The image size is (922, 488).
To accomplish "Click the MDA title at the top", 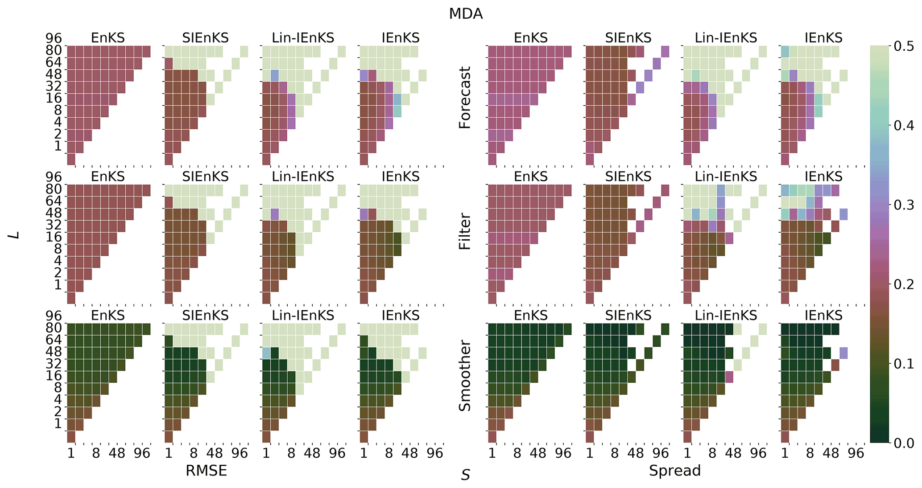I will [466, 14].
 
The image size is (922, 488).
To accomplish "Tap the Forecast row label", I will [465, 98].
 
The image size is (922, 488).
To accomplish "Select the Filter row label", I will [465, 231].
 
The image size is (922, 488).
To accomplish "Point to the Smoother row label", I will [465, 376].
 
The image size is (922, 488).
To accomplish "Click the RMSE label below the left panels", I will [206, 471].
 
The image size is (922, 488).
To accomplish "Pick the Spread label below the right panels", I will [674, 471].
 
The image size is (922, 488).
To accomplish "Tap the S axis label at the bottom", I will [465, 476].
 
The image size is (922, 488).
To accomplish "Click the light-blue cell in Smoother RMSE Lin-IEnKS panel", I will [266, 353].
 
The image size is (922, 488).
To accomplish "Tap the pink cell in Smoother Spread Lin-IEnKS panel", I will [729, 377].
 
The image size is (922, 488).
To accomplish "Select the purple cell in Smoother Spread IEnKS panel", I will [843, 353].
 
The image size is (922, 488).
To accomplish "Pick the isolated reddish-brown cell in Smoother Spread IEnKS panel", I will [835, 365].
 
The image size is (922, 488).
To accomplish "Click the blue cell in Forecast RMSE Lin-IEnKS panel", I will [275, 75].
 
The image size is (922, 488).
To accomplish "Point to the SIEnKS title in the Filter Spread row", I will [628, 177].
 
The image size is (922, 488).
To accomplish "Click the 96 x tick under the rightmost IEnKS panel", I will [856, 453].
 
